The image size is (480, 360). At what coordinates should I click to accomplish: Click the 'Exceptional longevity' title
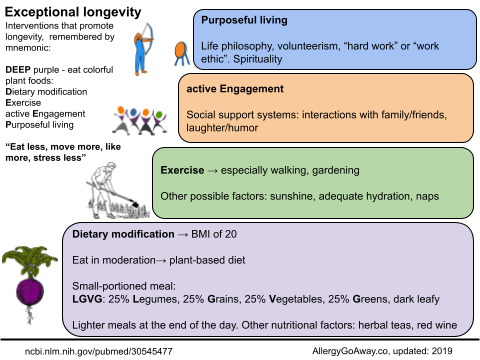pyautogui.click(x=73, y=12)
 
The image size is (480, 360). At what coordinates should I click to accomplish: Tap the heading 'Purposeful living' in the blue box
pyautogui.click(x=244, y=20)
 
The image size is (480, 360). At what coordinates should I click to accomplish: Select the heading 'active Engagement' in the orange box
pyautogui.click(x=235, y=89)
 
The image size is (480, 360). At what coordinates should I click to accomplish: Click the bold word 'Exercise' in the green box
pyautogui.click(x=182, y=170)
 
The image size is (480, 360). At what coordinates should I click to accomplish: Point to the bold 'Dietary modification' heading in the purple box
pyautogui.click(x=123, y=234)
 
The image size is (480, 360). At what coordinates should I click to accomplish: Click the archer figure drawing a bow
pyautogui.click(x=144, y=49)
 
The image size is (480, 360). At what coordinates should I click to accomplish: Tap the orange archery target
pyautogui.click(x=181, y=53)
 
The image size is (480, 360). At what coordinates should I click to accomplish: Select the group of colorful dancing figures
pyautogui.click(x=139, y=120)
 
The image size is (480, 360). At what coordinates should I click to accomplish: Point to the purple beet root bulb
pyautogui.click(x=30, y=292)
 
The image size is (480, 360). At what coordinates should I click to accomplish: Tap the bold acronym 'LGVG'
pyautogui.click(x=87, y=299)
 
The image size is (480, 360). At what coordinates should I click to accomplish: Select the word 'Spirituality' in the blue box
pyautogui.click(x=257, y=59)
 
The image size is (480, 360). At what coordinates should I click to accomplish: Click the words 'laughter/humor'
pyautogui.click(x=222, y=128)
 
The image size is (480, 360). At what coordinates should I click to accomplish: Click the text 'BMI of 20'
pyautogui.click(x=214, y=234)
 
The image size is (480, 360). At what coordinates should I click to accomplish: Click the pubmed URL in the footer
pyautogui.click(x=99, y=351)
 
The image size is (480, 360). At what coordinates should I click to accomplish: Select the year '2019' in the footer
pyautogui.click(x=442, y=351)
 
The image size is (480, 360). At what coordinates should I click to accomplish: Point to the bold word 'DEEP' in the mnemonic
pyautogui.click(x=18, y=70)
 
